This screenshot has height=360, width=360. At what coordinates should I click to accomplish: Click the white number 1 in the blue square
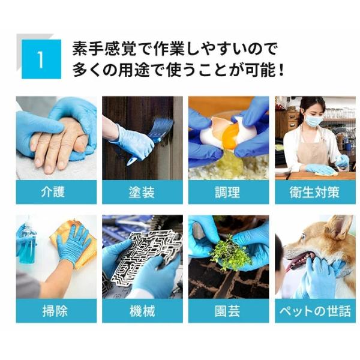coord(41,59)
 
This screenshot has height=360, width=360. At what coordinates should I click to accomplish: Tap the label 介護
coord(53,192)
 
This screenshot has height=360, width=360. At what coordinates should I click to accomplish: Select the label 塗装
coord(142,192)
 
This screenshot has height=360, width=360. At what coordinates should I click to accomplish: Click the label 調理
coord(227,192)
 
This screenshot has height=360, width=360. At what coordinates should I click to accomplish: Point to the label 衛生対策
coord(314,192)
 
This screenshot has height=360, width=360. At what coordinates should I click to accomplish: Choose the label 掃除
coord(55,311)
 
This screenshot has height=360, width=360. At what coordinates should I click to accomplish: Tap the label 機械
coord(142,311)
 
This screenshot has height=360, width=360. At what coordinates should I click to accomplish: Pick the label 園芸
coord(227,311)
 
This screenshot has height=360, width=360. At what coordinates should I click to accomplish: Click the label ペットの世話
coord(315,311)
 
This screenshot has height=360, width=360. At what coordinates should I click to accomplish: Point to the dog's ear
coord(338,226)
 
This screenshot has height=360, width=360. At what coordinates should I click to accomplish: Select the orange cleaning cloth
coord(73,244)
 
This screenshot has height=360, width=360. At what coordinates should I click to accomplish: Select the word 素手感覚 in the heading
coord(104,49)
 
